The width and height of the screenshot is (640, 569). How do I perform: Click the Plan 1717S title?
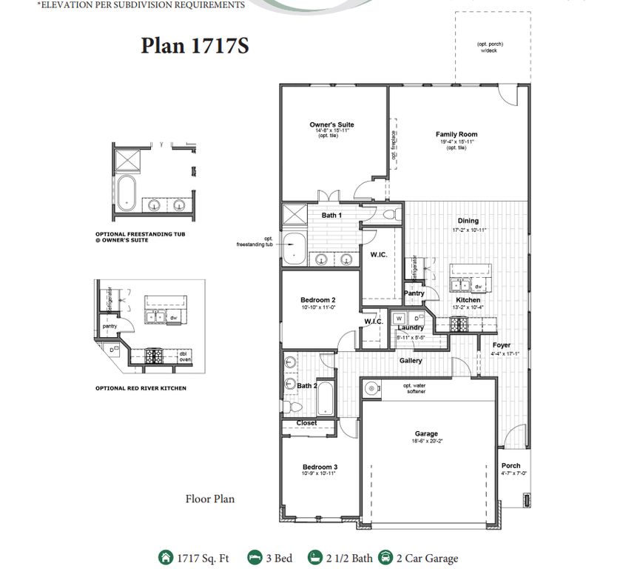click(x=195, y=46)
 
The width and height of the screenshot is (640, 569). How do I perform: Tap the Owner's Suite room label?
click(x=331, y=124)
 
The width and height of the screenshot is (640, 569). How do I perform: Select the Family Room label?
click(x=456, y=134)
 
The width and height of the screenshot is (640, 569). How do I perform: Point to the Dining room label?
click(x=468, y=221)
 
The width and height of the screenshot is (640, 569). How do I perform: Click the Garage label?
click(x=426, y=433)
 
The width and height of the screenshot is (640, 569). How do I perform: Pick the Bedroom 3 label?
click(x=320, y=467)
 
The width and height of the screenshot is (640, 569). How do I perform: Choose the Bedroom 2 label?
click(x=318, y=299)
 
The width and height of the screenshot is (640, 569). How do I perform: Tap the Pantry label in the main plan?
click(x=414, y=293)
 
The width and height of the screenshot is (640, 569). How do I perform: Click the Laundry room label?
click(x=410, y=327)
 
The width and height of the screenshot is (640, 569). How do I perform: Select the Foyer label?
click(x=502, y=345)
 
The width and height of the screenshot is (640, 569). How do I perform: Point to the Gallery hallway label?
click(x=411, y=361)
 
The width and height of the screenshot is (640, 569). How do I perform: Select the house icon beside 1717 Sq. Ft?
click(x=164, y=558)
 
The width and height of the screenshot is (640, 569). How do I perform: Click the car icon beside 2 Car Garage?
click(x=385, y=558)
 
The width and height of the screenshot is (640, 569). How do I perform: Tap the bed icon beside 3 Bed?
click(x=255, y=558)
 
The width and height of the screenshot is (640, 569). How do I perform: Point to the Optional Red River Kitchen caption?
click(x=141, y=387)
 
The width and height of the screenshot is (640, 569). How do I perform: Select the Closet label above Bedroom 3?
click(x=306, y=423)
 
